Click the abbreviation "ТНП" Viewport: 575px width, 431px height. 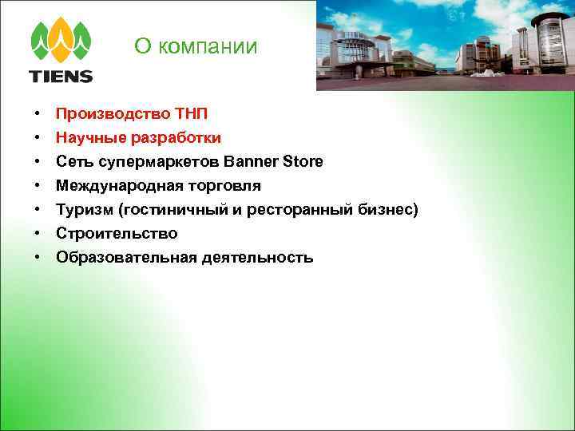[191, 113]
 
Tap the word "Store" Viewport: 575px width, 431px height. [303, 161]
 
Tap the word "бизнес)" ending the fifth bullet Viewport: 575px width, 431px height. [387, 209]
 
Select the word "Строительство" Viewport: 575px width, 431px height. [117, 233]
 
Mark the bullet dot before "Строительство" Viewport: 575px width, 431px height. [38, 233]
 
